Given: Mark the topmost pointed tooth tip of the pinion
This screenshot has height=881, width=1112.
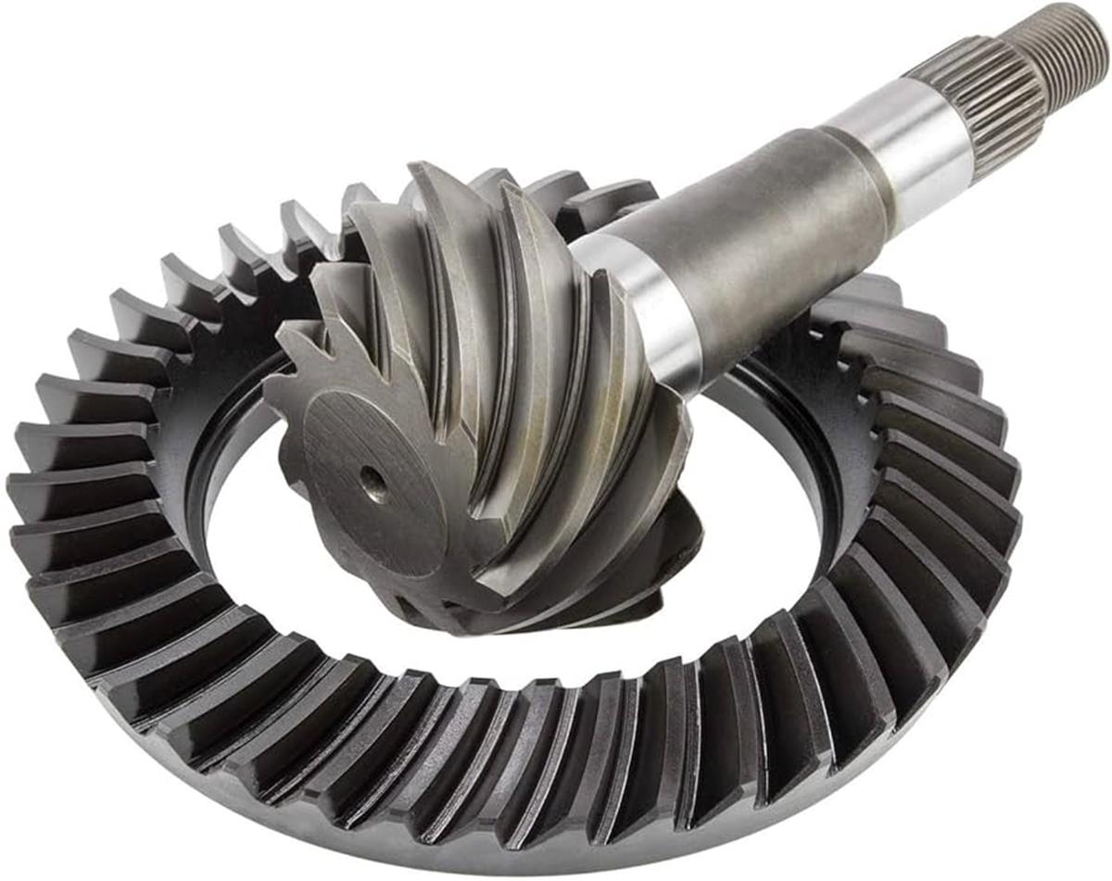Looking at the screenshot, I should coord(422,171).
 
